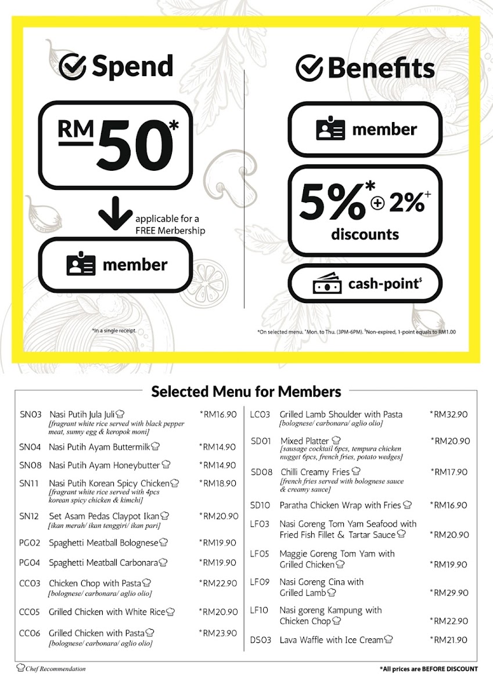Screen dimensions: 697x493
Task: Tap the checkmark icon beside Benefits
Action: click(310, 68)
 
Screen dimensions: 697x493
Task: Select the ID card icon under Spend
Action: click(80, 265)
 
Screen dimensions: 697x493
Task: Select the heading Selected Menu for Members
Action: click(246, 391)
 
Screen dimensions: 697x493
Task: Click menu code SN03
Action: click(31, 415)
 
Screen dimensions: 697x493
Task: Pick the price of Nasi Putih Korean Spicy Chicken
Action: click(218, 483)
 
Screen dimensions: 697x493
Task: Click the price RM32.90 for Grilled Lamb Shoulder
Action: click(448, 415)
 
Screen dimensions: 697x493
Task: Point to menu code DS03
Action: click(260, 640)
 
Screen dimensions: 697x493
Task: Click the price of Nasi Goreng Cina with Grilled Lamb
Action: click(448, 593)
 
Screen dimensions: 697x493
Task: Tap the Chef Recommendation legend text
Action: click(55, 669)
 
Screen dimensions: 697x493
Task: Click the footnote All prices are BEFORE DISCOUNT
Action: click(429, 669)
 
